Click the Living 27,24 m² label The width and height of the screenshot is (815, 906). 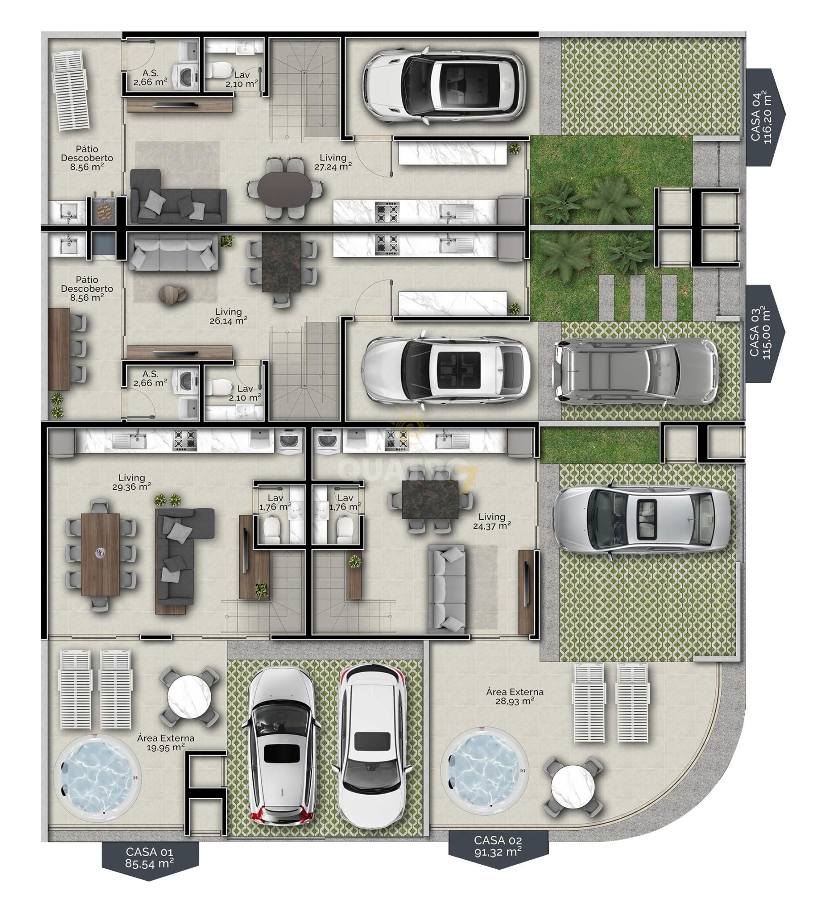(x=333, y=162)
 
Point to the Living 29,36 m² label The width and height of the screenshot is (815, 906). (x=132, y=482)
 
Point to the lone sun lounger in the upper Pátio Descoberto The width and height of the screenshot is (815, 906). (x=71, y=91)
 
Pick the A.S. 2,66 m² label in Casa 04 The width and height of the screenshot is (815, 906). (x=150, y=77)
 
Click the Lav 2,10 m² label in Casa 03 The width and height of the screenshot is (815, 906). (x=245, y=393)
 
